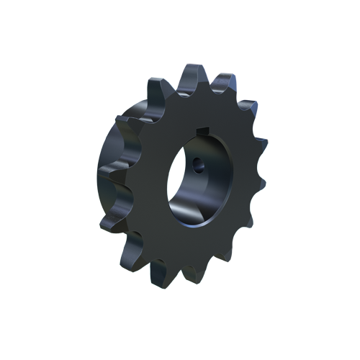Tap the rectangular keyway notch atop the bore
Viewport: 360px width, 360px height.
pyautogui.click(x=203, y=130)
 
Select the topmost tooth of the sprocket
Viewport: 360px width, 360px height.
pyautogui.click(x=190, y=75)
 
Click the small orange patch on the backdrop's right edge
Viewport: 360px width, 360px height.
pyautogui.click(x=265, y=133)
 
